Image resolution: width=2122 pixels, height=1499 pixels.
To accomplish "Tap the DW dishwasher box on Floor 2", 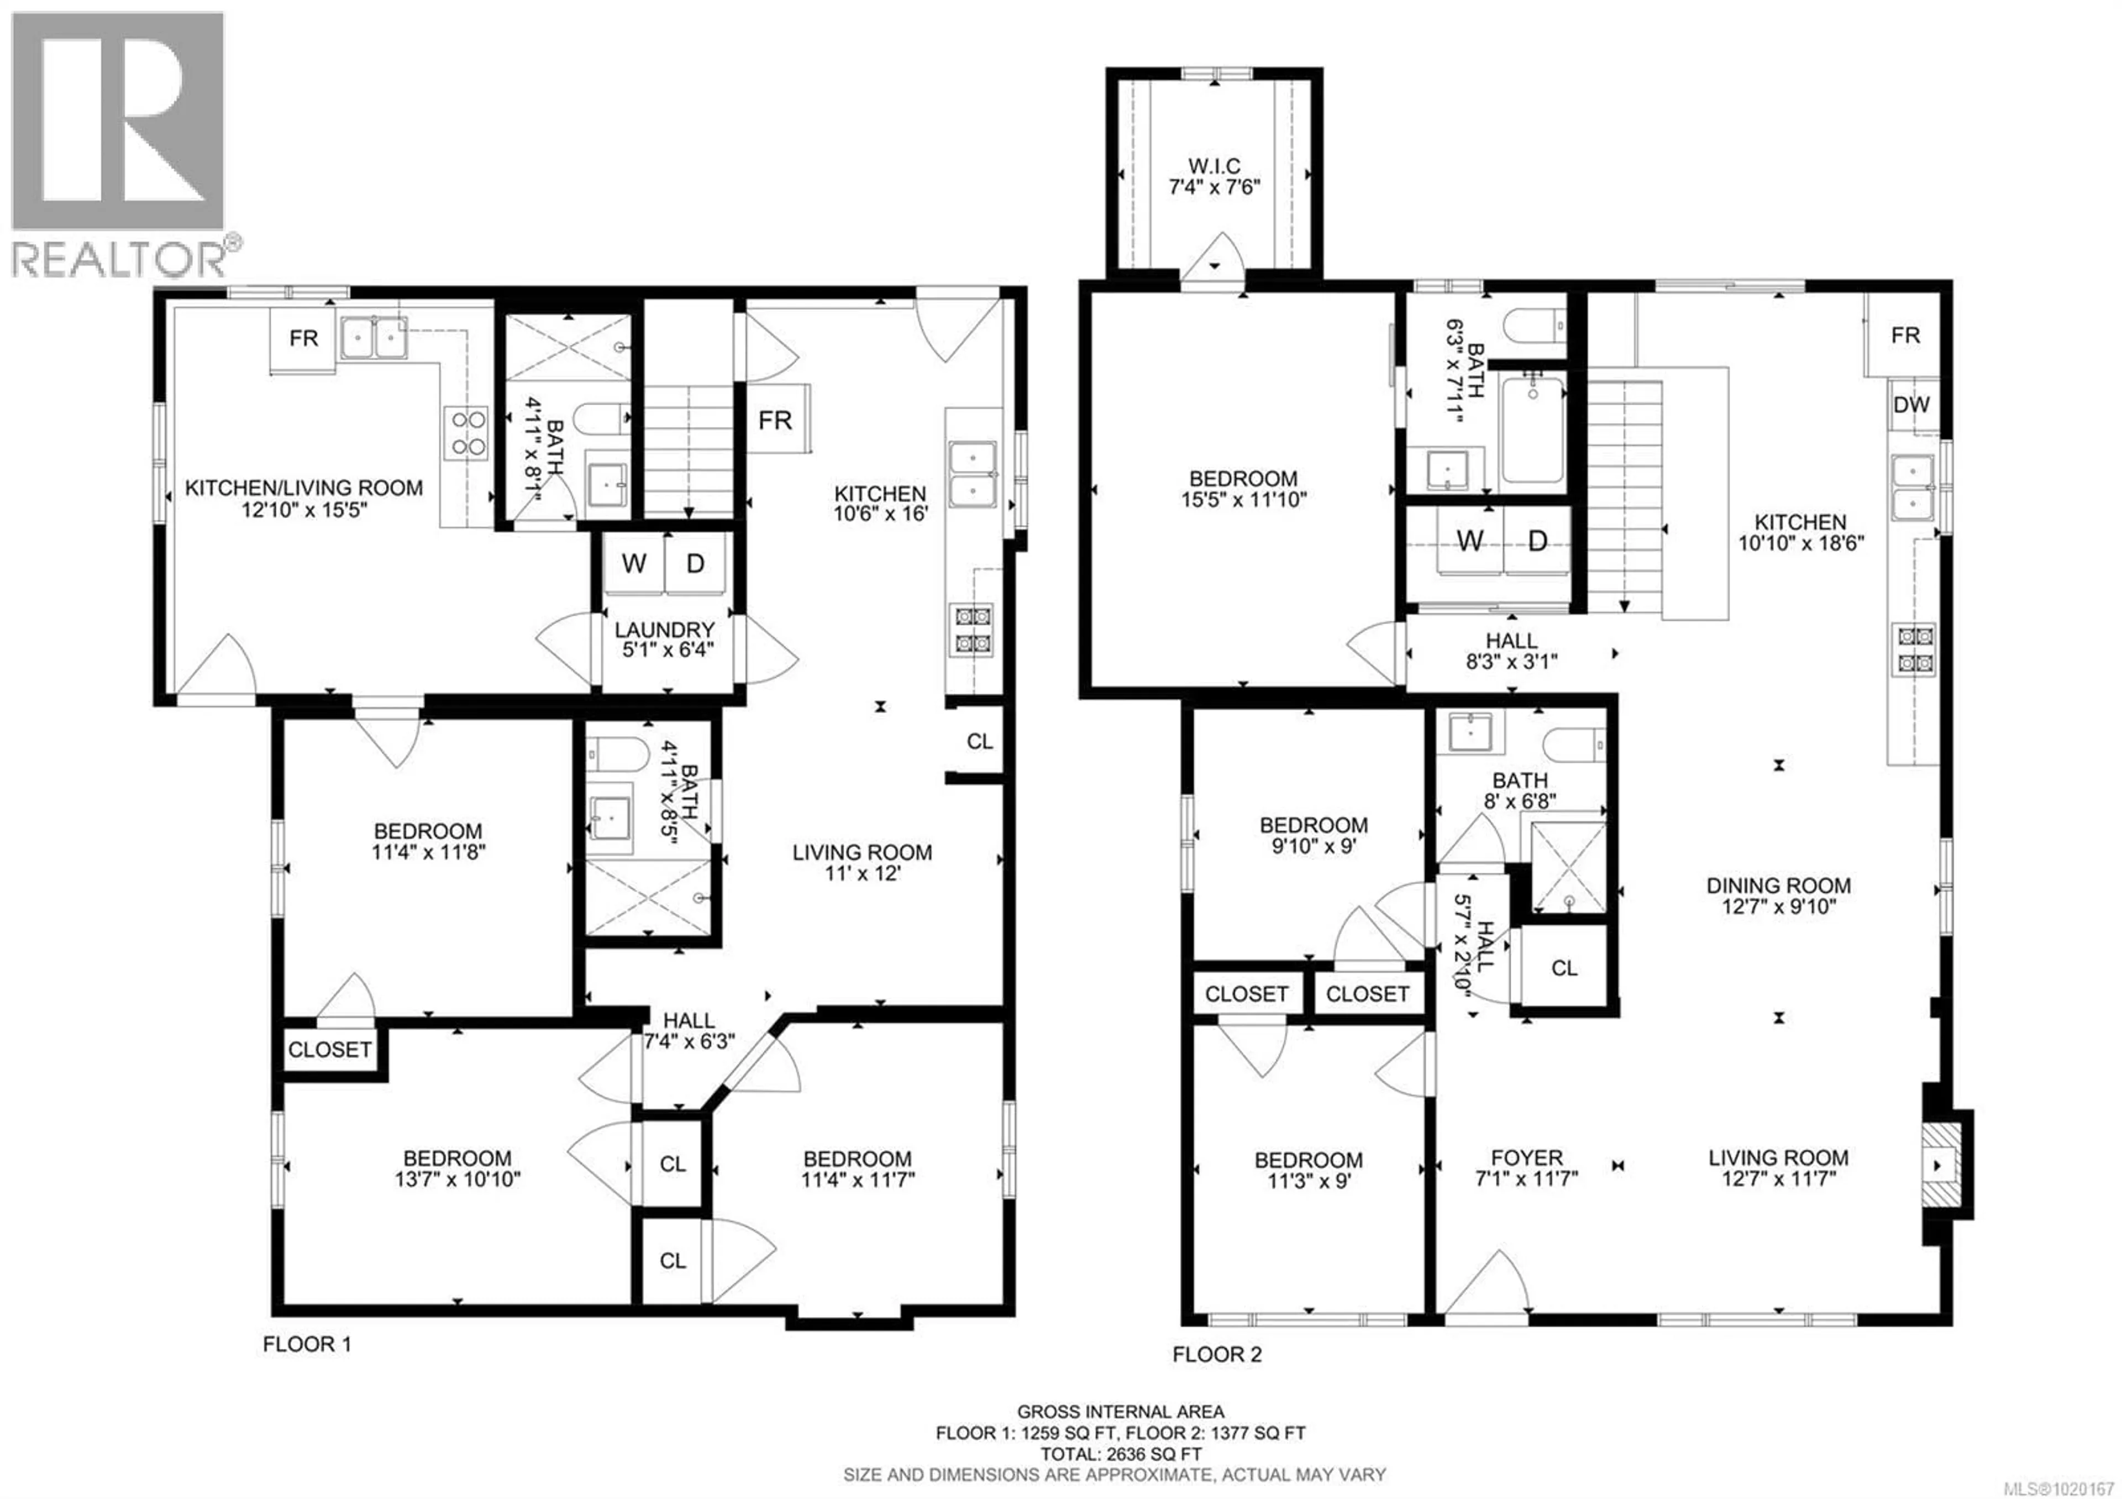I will click(x=1910, y=405).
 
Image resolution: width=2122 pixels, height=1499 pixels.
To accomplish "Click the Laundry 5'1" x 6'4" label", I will click(x=665, y=640).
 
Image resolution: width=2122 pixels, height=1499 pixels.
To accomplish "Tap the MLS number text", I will click(x=2061, y=1487).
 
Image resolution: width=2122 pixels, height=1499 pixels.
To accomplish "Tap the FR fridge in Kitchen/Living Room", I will click(x=303, y=338).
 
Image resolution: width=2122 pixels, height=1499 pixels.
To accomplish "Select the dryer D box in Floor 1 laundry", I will click(x=695, y=563).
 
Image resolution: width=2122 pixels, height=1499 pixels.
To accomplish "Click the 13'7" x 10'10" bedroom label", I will click(x=456, y=1169).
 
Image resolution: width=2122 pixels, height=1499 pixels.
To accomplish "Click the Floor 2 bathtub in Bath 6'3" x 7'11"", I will click(x=1532, y=433).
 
